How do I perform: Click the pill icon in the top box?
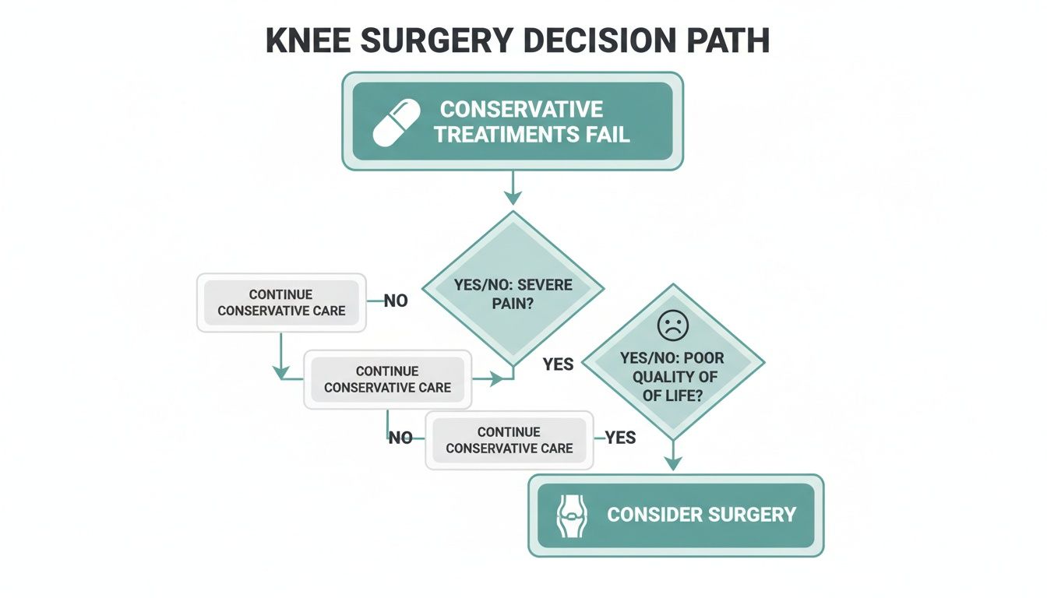point(397,122)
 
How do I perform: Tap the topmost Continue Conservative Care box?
point(281,303)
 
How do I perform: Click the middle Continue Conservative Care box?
point(387,379)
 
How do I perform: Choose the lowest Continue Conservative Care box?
point(509,440)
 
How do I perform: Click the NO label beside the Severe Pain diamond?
point(396,301)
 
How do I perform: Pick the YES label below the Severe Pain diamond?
point(558,364)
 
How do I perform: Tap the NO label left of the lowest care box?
point(400,438)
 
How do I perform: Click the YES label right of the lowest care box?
point(621,438)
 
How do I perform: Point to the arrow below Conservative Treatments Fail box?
point(512,190)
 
